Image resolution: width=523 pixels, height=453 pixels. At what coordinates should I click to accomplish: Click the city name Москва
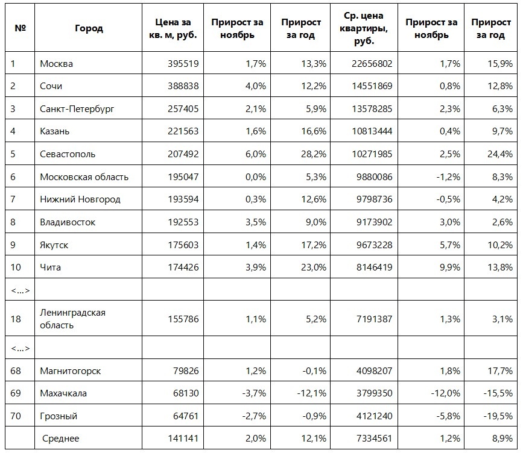click(56, 63)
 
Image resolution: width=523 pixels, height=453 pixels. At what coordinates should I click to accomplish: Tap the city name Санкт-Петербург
click(77, 109)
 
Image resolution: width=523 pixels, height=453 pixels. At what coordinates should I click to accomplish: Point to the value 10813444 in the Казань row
click(370, 131)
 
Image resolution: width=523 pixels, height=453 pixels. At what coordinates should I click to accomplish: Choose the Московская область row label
click(84, 177)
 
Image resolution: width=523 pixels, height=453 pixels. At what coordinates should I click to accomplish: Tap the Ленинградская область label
click(72, 319)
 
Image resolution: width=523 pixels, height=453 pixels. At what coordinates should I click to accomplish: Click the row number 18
click(16, 319)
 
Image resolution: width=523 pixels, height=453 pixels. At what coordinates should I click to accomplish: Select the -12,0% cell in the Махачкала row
click(447, 393)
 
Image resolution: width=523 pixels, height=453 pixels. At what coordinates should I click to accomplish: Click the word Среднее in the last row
click(60, 439)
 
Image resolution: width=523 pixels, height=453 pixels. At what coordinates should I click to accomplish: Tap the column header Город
click(89, 28)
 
